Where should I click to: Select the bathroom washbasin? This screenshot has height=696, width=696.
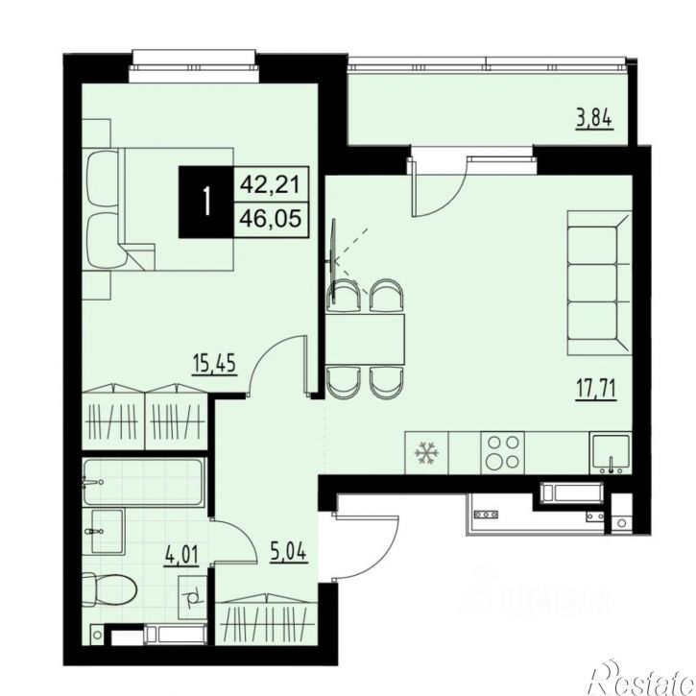click(108, 528)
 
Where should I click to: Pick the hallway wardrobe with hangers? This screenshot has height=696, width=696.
click(263, 620)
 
